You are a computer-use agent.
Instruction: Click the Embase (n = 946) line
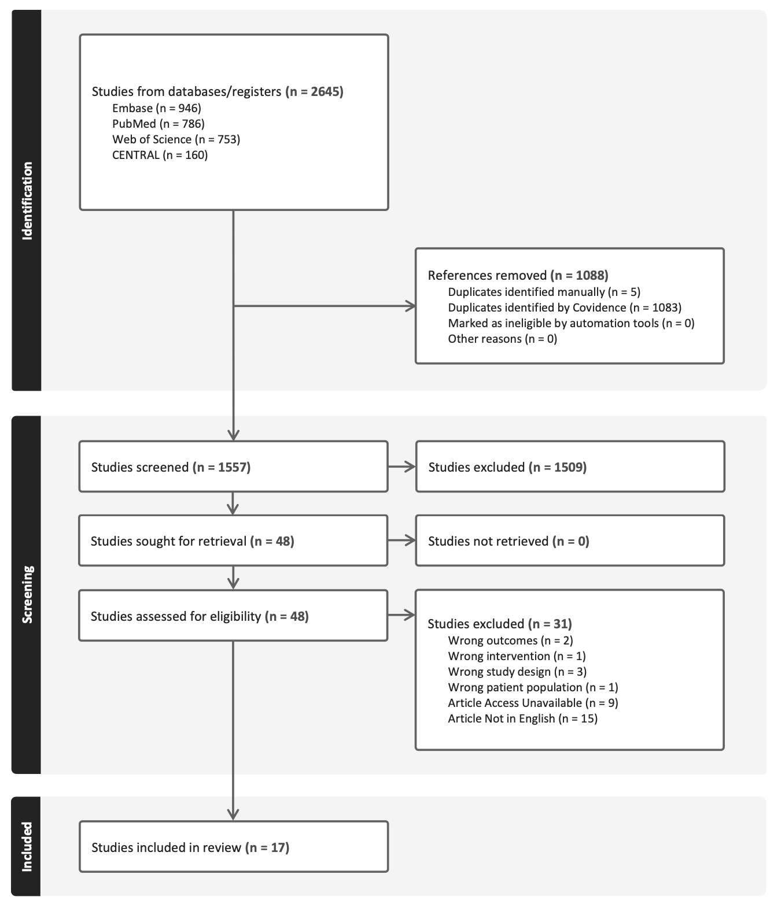[156, 108]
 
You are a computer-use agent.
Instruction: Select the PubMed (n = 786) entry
[158, 124]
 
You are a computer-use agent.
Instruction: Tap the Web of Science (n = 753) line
[176, 139]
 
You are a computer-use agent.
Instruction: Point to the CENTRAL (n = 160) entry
[160, 155]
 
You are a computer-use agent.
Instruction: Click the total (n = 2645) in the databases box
[314, 91]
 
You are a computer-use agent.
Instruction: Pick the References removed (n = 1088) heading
[518, 275]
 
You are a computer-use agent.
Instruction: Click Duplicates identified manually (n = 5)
[544, 292]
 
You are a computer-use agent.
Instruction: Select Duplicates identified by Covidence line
[565, 307]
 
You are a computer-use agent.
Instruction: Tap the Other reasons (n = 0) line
[502, 339]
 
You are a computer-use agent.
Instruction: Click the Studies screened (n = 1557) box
[233, 466]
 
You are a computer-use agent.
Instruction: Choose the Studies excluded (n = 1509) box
[570, 466]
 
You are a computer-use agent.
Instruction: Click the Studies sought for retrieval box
[233, 540]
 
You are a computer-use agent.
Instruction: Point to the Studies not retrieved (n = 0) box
[570, 540]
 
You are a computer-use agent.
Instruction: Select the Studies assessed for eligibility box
[233, 616]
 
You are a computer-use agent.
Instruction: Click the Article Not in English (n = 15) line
[523, 718]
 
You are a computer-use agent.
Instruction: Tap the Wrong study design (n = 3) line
[517, 672]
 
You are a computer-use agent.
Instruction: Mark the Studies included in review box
[234, 847]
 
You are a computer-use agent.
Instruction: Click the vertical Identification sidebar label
[27, 201]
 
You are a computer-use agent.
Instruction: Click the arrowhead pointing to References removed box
[411, 306]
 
